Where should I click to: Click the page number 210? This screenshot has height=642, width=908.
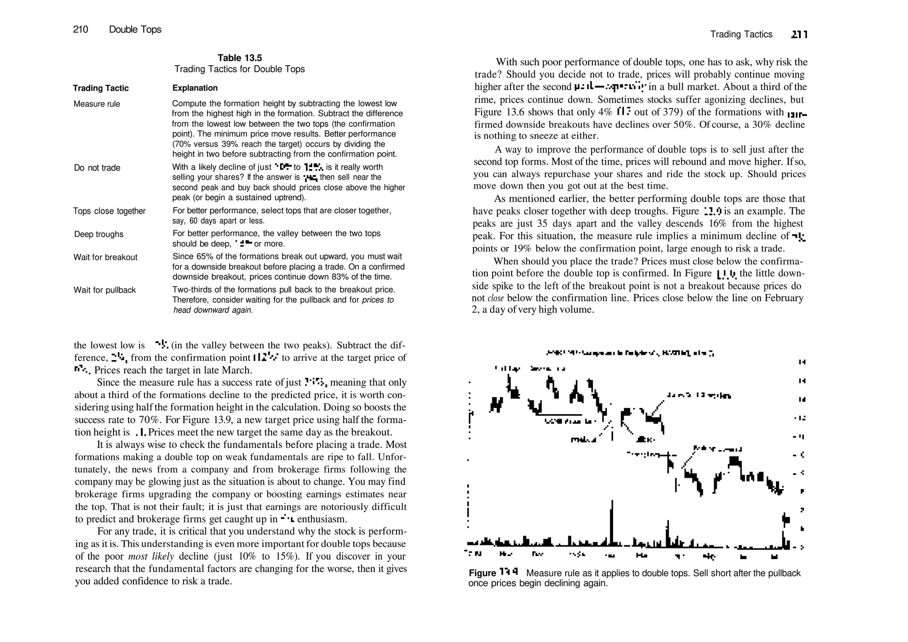click(x=81, y=30)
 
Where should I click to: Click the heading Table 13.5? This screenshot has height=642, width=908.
click(x=239, y=58)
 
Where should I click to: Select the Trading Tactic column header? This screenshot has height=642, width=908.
click(x=101, y=88)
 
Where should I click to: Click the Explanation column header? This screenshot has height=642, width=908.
click(x=195, y=88)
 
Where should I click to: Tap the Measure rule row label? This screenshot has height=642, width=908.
click(x=97, y=104)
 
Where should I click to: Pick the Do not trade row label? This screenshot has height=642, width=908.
click(x=97, y=168)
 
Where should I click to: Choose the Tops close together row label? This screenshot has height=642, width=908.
click(x=109, y=211)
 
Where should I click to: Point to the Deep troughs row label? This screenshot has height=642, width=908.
click(x=99, y=235)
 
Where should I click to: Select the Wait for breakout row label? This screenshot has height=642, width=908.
click(x=106, y=258)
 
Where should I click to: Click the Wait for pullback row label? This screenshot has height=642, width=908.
click(x=105, y=290)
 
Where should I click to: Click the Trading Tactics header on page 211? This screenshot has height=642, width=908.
click(x=741, y=35)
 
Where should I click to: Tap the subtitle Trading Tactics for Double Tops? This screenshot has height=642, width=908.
click(x=239, y=70)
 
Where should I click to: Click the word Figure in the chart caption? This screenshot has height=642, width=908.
click(x=482, y=573)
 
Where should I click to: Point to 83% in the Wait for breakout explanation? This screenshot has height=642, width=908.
click(x=340, y=278)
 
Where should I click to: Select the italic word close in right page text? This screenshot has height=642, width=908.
click(x=495, y=298)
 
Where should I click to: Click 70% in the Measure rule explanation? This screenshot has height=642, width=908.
click(x=181, y=145)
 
